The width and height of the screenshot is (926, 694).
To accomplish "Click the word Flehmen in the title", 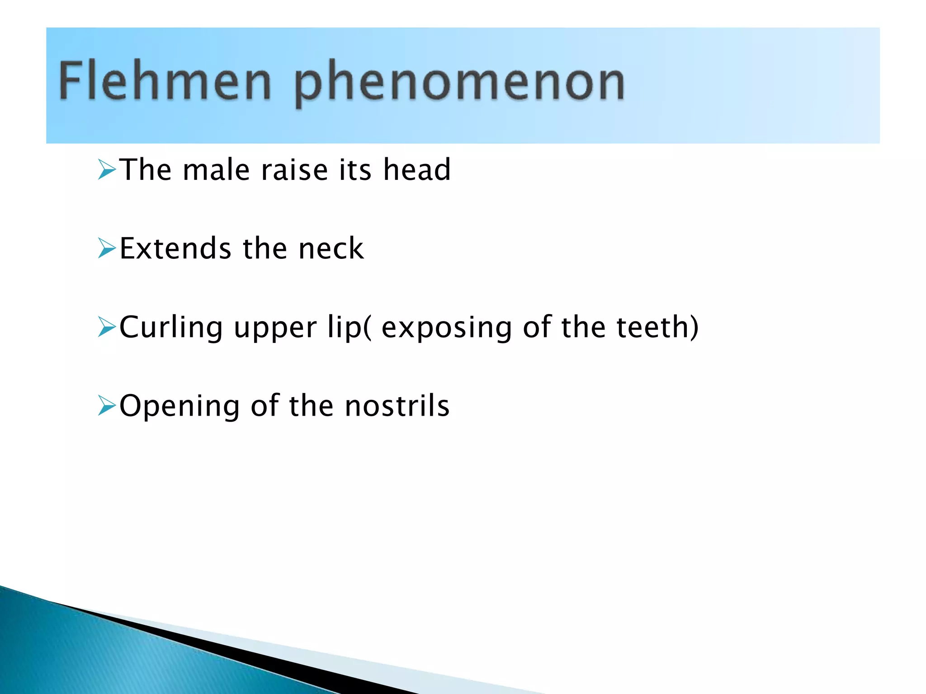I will (165, 81).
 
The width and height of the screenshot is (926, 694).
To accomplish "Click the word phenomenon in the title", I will (459, 84).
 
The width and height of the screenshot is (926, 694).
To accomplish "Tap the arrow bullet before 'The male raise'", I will (107, 170).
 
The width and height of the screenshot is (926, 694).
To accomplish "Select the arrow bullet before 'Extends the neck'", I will (107, 249).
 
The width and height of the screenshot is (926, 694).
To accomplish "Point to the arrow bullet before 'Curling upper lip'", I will (107, 327).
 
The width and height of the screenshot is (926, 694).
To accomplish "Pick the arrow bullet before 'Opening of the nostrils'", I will (107, 405).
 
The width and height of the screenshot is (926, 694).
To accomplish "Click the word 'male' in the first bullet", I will (216, 170).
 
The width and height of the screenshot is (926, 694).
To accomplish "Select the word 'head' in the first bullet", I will (417, 170).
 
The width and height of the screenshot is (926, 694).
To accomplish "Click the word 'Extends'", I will (175, 249).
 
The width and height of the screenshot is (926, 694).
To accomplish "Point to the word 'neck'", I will (331, 249).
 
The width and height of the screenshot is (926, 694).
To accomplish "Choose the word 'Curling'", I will (171, 327).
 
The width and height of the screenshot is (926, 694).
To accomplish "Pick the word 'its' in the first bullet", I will (355, 170).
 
